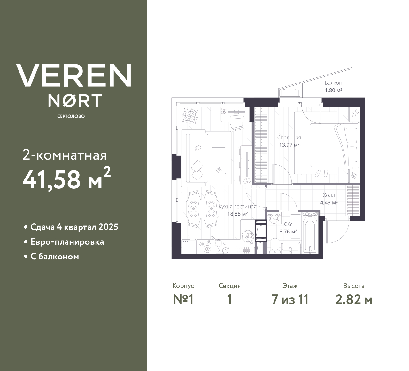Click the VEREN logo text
pos(73,75)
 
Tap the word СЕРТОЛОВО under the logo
pos(71,116)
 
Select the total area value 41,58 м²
pos(66,179)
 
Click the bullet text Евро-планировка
pos(67,242)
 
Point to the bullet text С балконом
pos(55,257)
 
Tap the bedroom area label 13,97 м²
pos(289,145)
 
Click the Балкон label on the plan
pos(333,83)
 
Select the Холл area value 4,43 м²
pos(329,202)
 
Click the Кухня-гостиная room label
pos(237,207)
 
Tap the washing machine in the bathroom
pos(274,218)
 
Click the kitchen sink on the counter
pos(248,237)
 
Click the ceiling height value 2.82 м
pos(354,300)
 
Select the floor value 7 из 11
pos(290,300)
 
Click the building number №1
pos(183,300)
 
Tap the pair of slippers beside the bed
pos(321,173)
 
